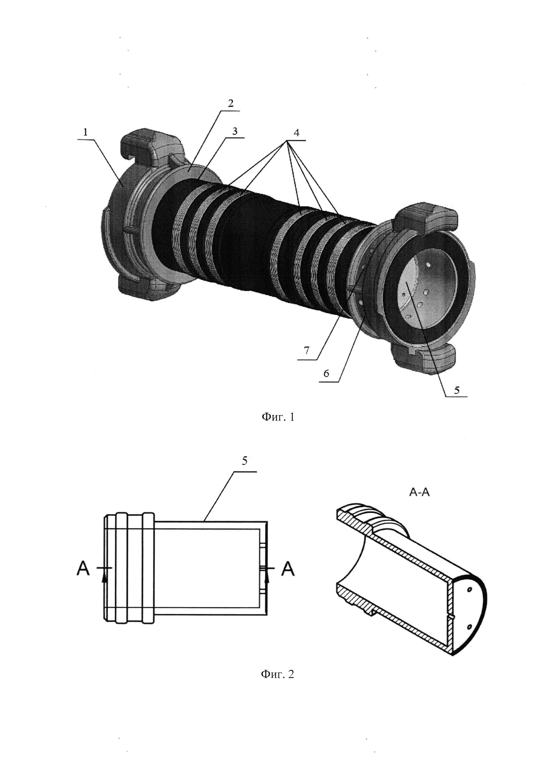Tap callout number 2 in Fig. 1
point(230,103)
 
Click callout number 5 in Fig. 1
point(457,390)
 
